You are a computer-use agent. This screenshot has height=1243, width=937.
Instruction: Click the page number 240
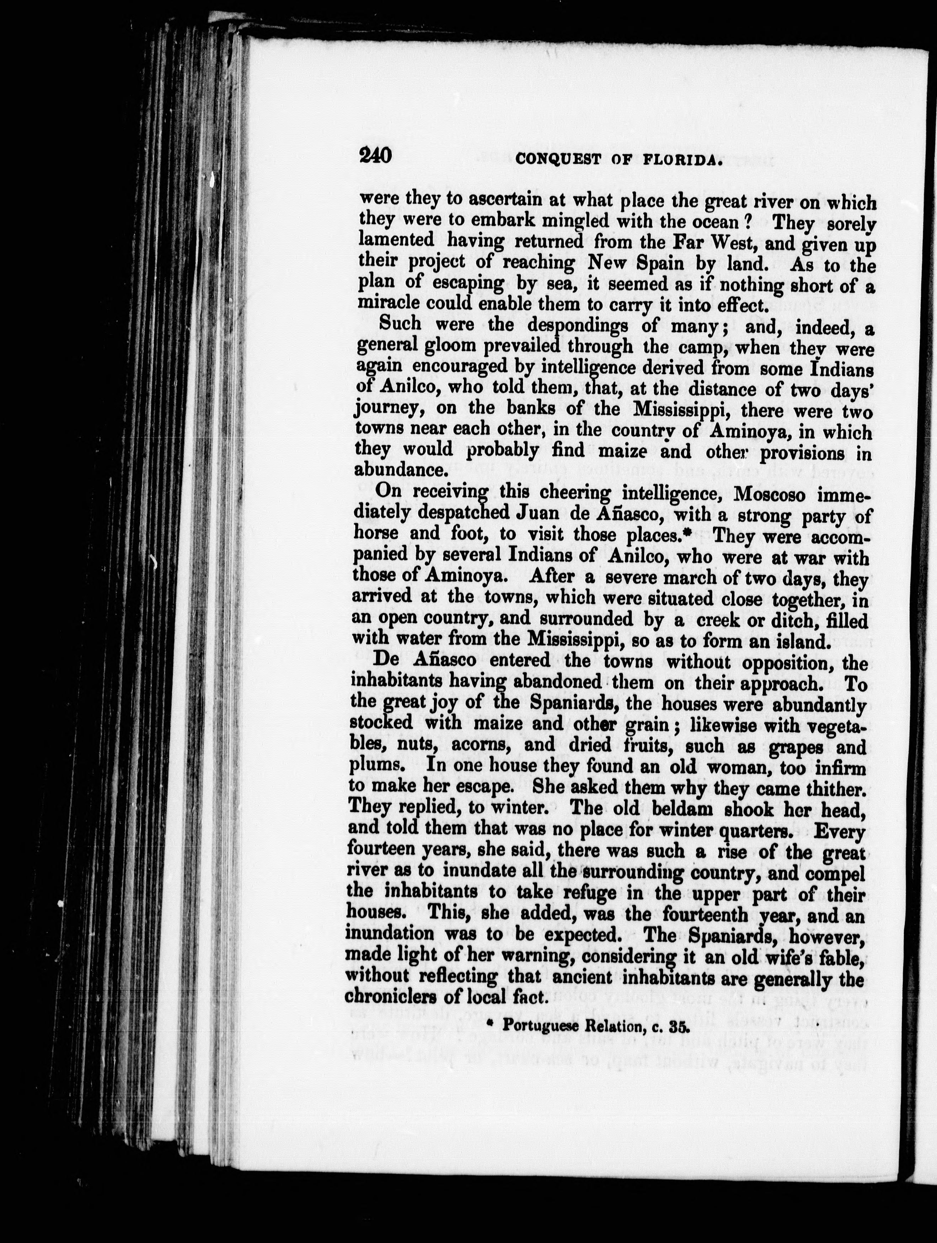tap(375, 155)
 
